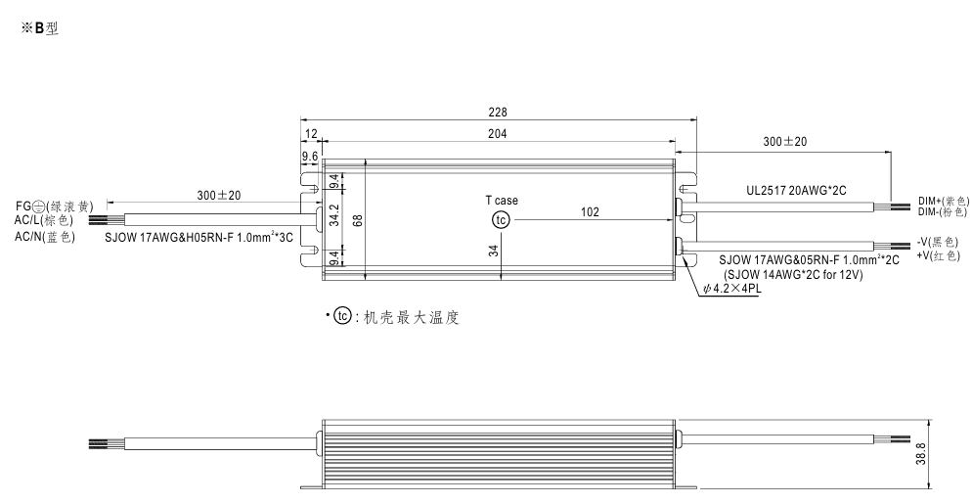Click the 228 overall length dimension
coord(499,112)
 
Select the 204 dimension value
coord(499,133)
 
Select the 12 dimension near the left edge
coord(311,133)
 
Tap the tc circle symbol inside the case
coord(502,220)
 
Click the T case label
coord(502,201)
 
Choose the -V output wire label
coord(938,241)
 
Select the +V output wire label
coord(938,254)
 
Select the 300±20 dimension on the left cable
coord(219,195)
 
